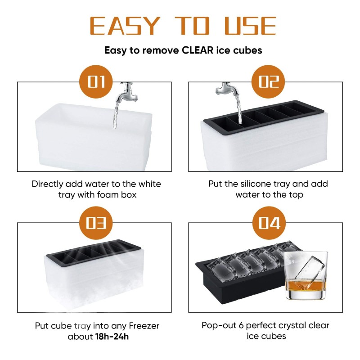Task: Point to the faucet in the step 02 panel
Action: pyautogui.click(x=225, y=88)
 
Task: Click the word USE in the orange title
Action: pyautogui.click(x=250, y=26)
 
